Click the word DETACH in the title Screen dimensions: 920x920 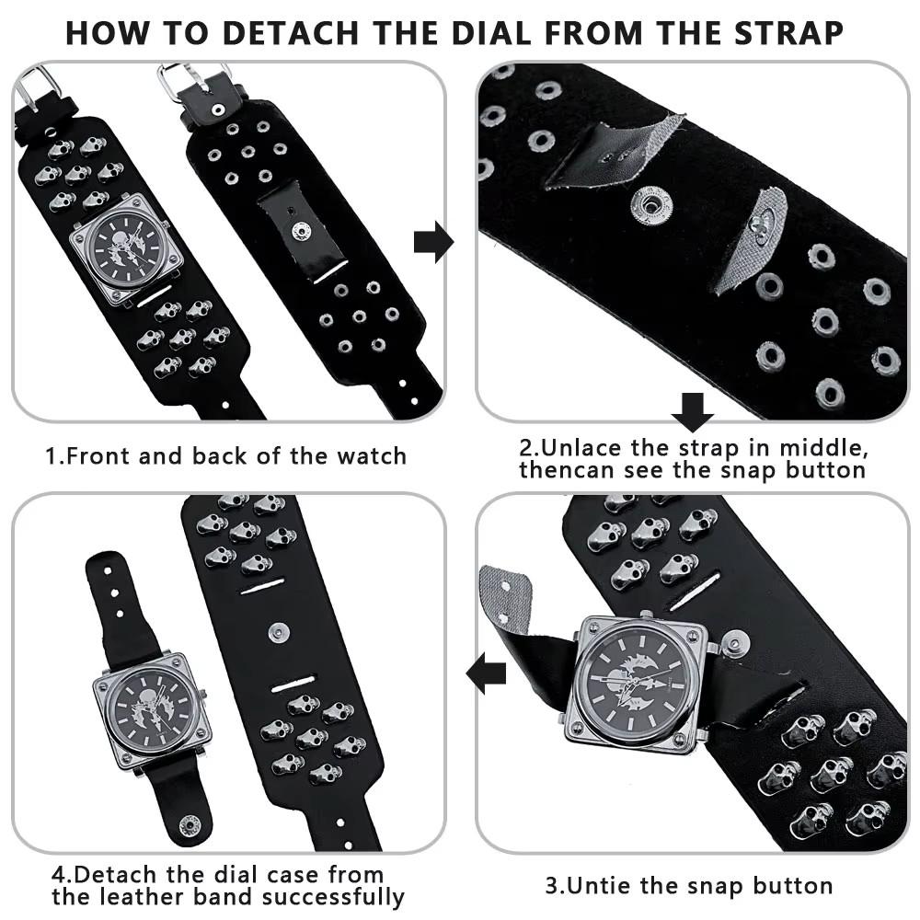point(291,33)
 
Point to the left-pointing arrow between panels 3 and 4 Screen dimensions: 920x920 point(486,672)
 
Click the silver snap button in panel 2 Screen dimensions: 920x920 point(650,204)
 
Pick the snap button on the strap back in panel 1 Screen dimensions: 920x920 point(302,231)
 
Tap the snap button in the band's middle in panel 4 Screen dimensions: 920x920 point(280,633)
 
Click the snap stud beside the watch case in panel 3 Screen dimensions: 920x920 point(733,643)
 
